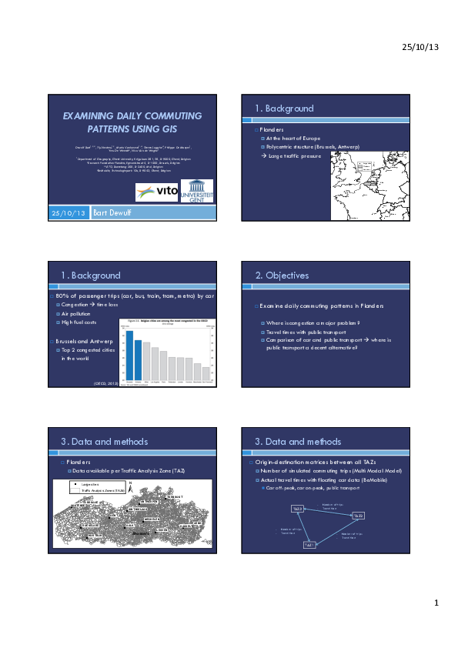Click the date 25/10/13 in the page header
[x=420, y=48]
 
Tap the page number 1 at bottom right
[x=435, y=603]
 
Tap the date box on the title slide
[x=69, y=212]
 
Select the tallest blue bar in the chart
[x=129, y=357]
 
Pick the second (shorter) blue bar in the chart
[x=138, y=362]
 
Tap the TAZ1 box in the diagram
[x=309, y=546]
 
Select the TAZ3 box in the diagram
[x=297, y=509]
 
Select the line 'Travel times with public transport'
[x=302, y=332]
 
